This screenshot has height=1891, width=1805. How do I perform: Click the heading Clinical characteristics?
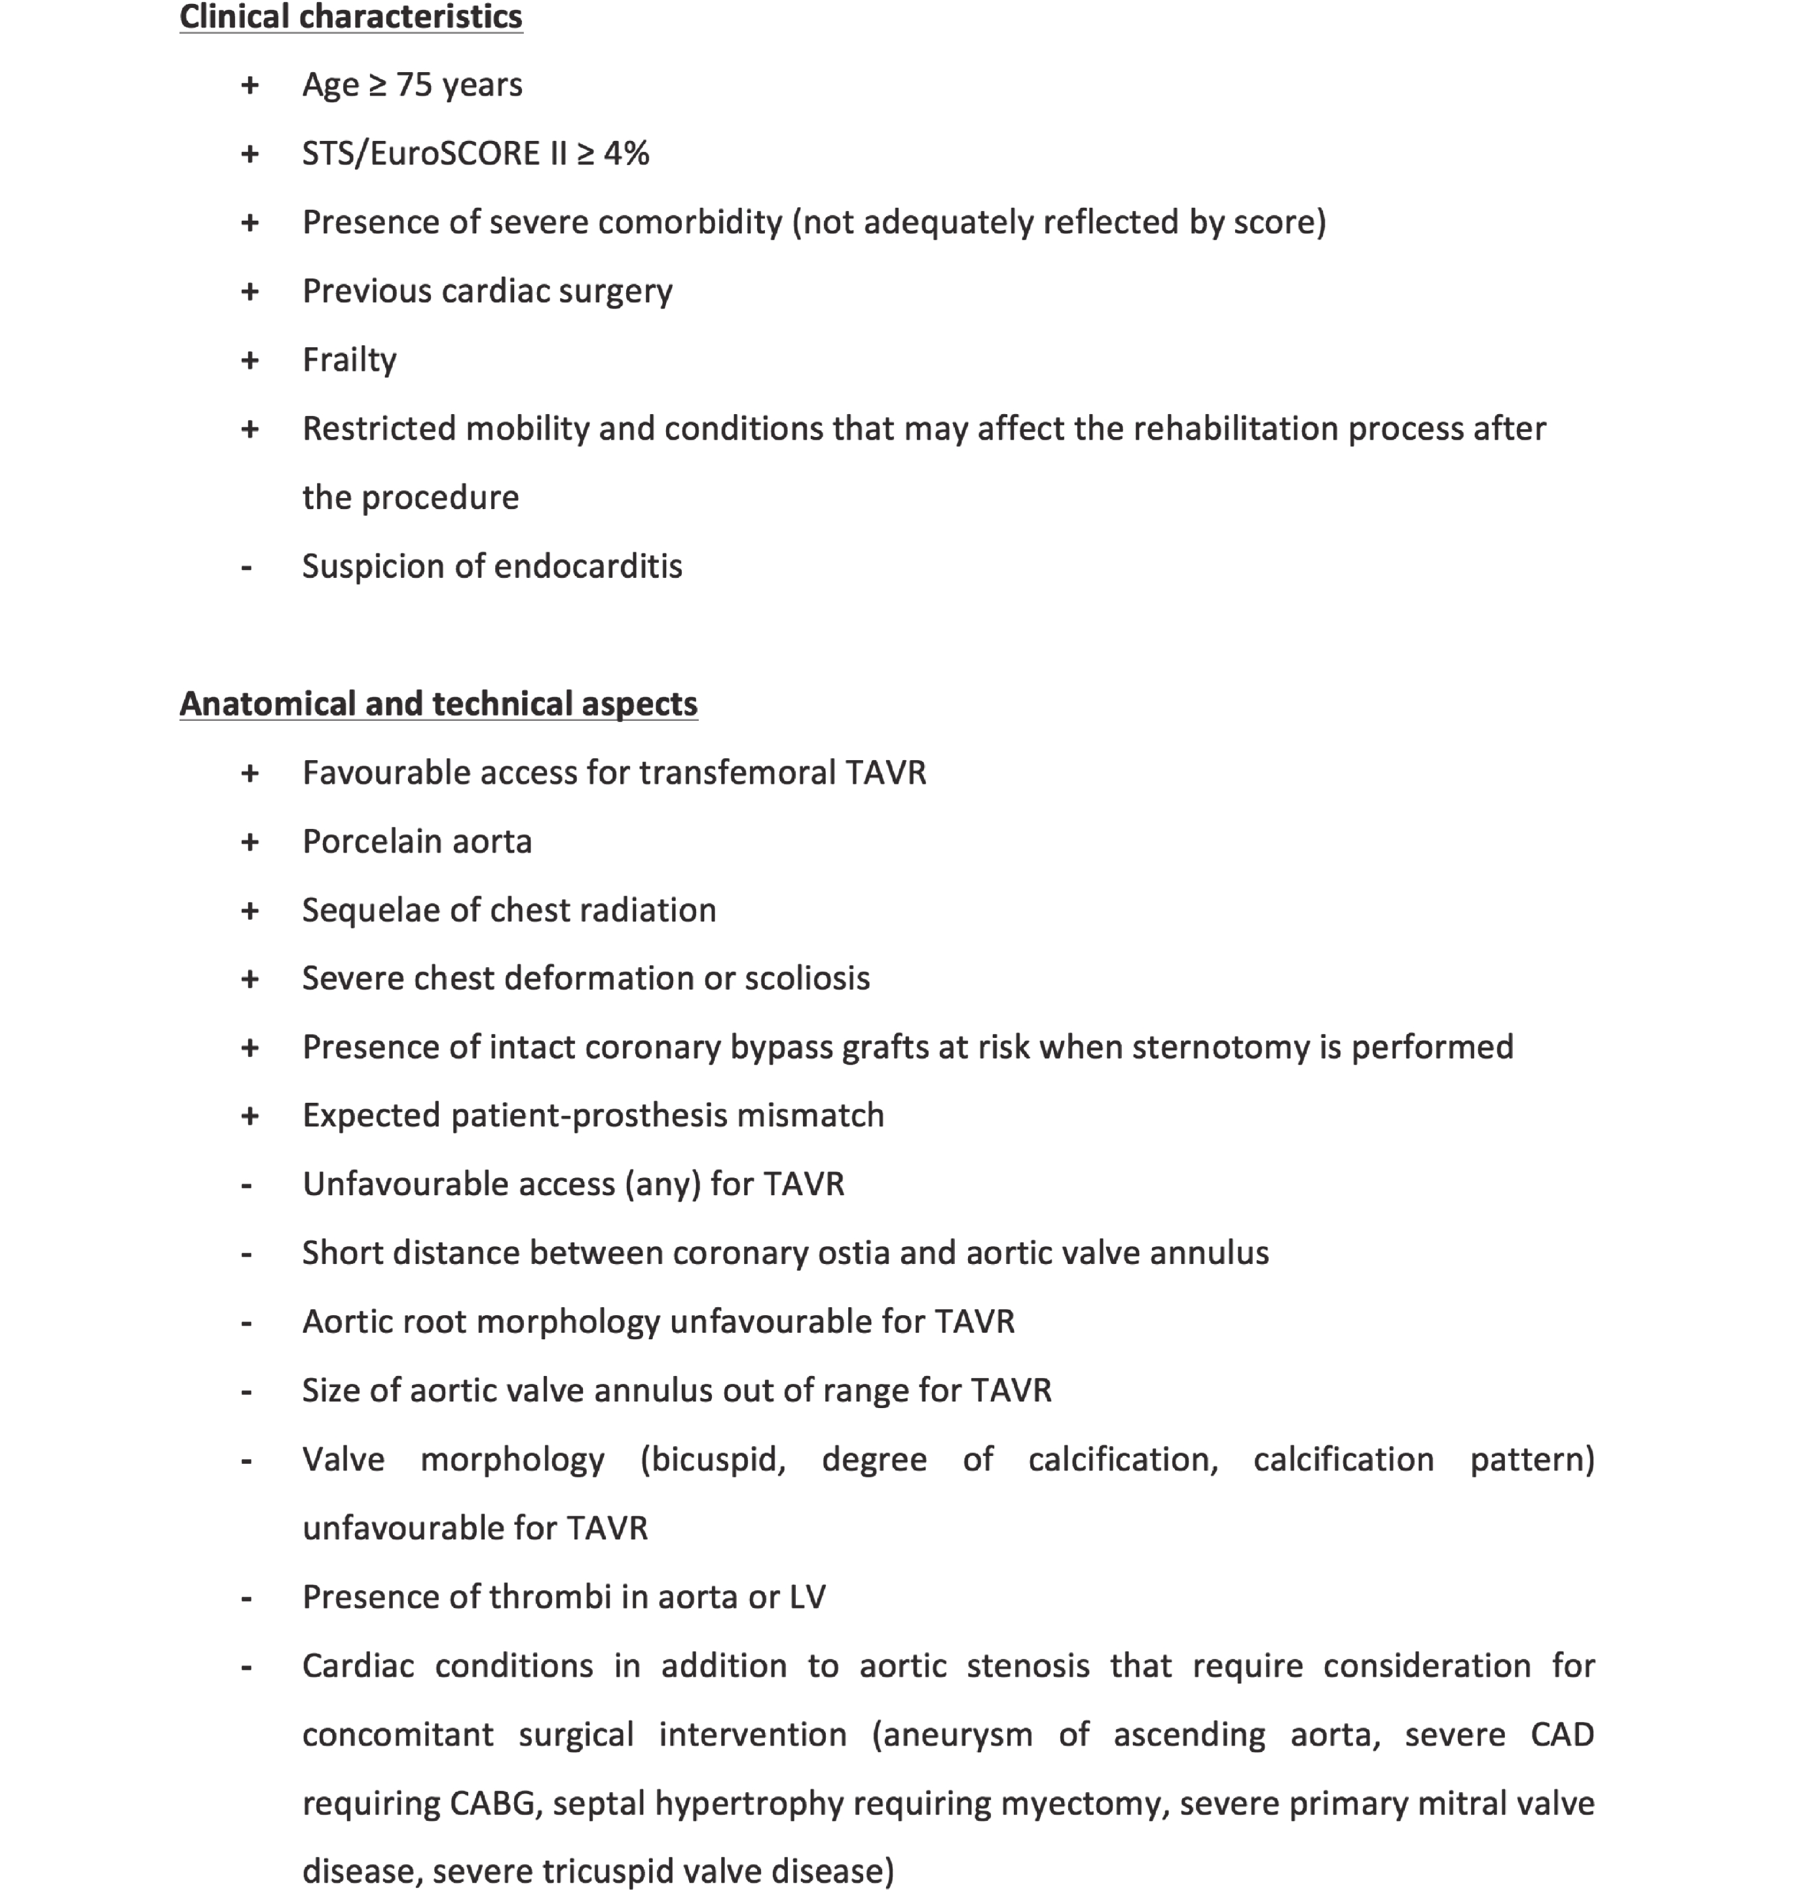pyautogui.click(x=350, y=17)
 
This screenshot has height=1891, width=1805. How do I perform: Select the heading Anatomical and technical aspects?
pyautogui.click(x=437, y=704)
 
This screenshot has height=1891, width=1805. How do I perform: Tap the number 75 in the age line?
pyautogui.click(x=414, y=85)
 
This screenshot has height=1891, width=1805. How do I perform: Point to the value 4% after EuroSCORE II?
pyautogui.click(x=626, y=153)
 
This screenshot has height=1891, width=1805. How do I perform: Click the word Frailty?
pyautogui.click(x=349, y=360)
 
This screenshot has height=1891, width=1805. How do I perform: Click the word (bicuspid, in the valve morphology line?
pyautogui.click(x=713, y=1459)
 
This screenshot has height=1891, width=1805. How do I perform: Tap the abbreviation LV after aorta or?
pyautogui.click(x=806, y=1597)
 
